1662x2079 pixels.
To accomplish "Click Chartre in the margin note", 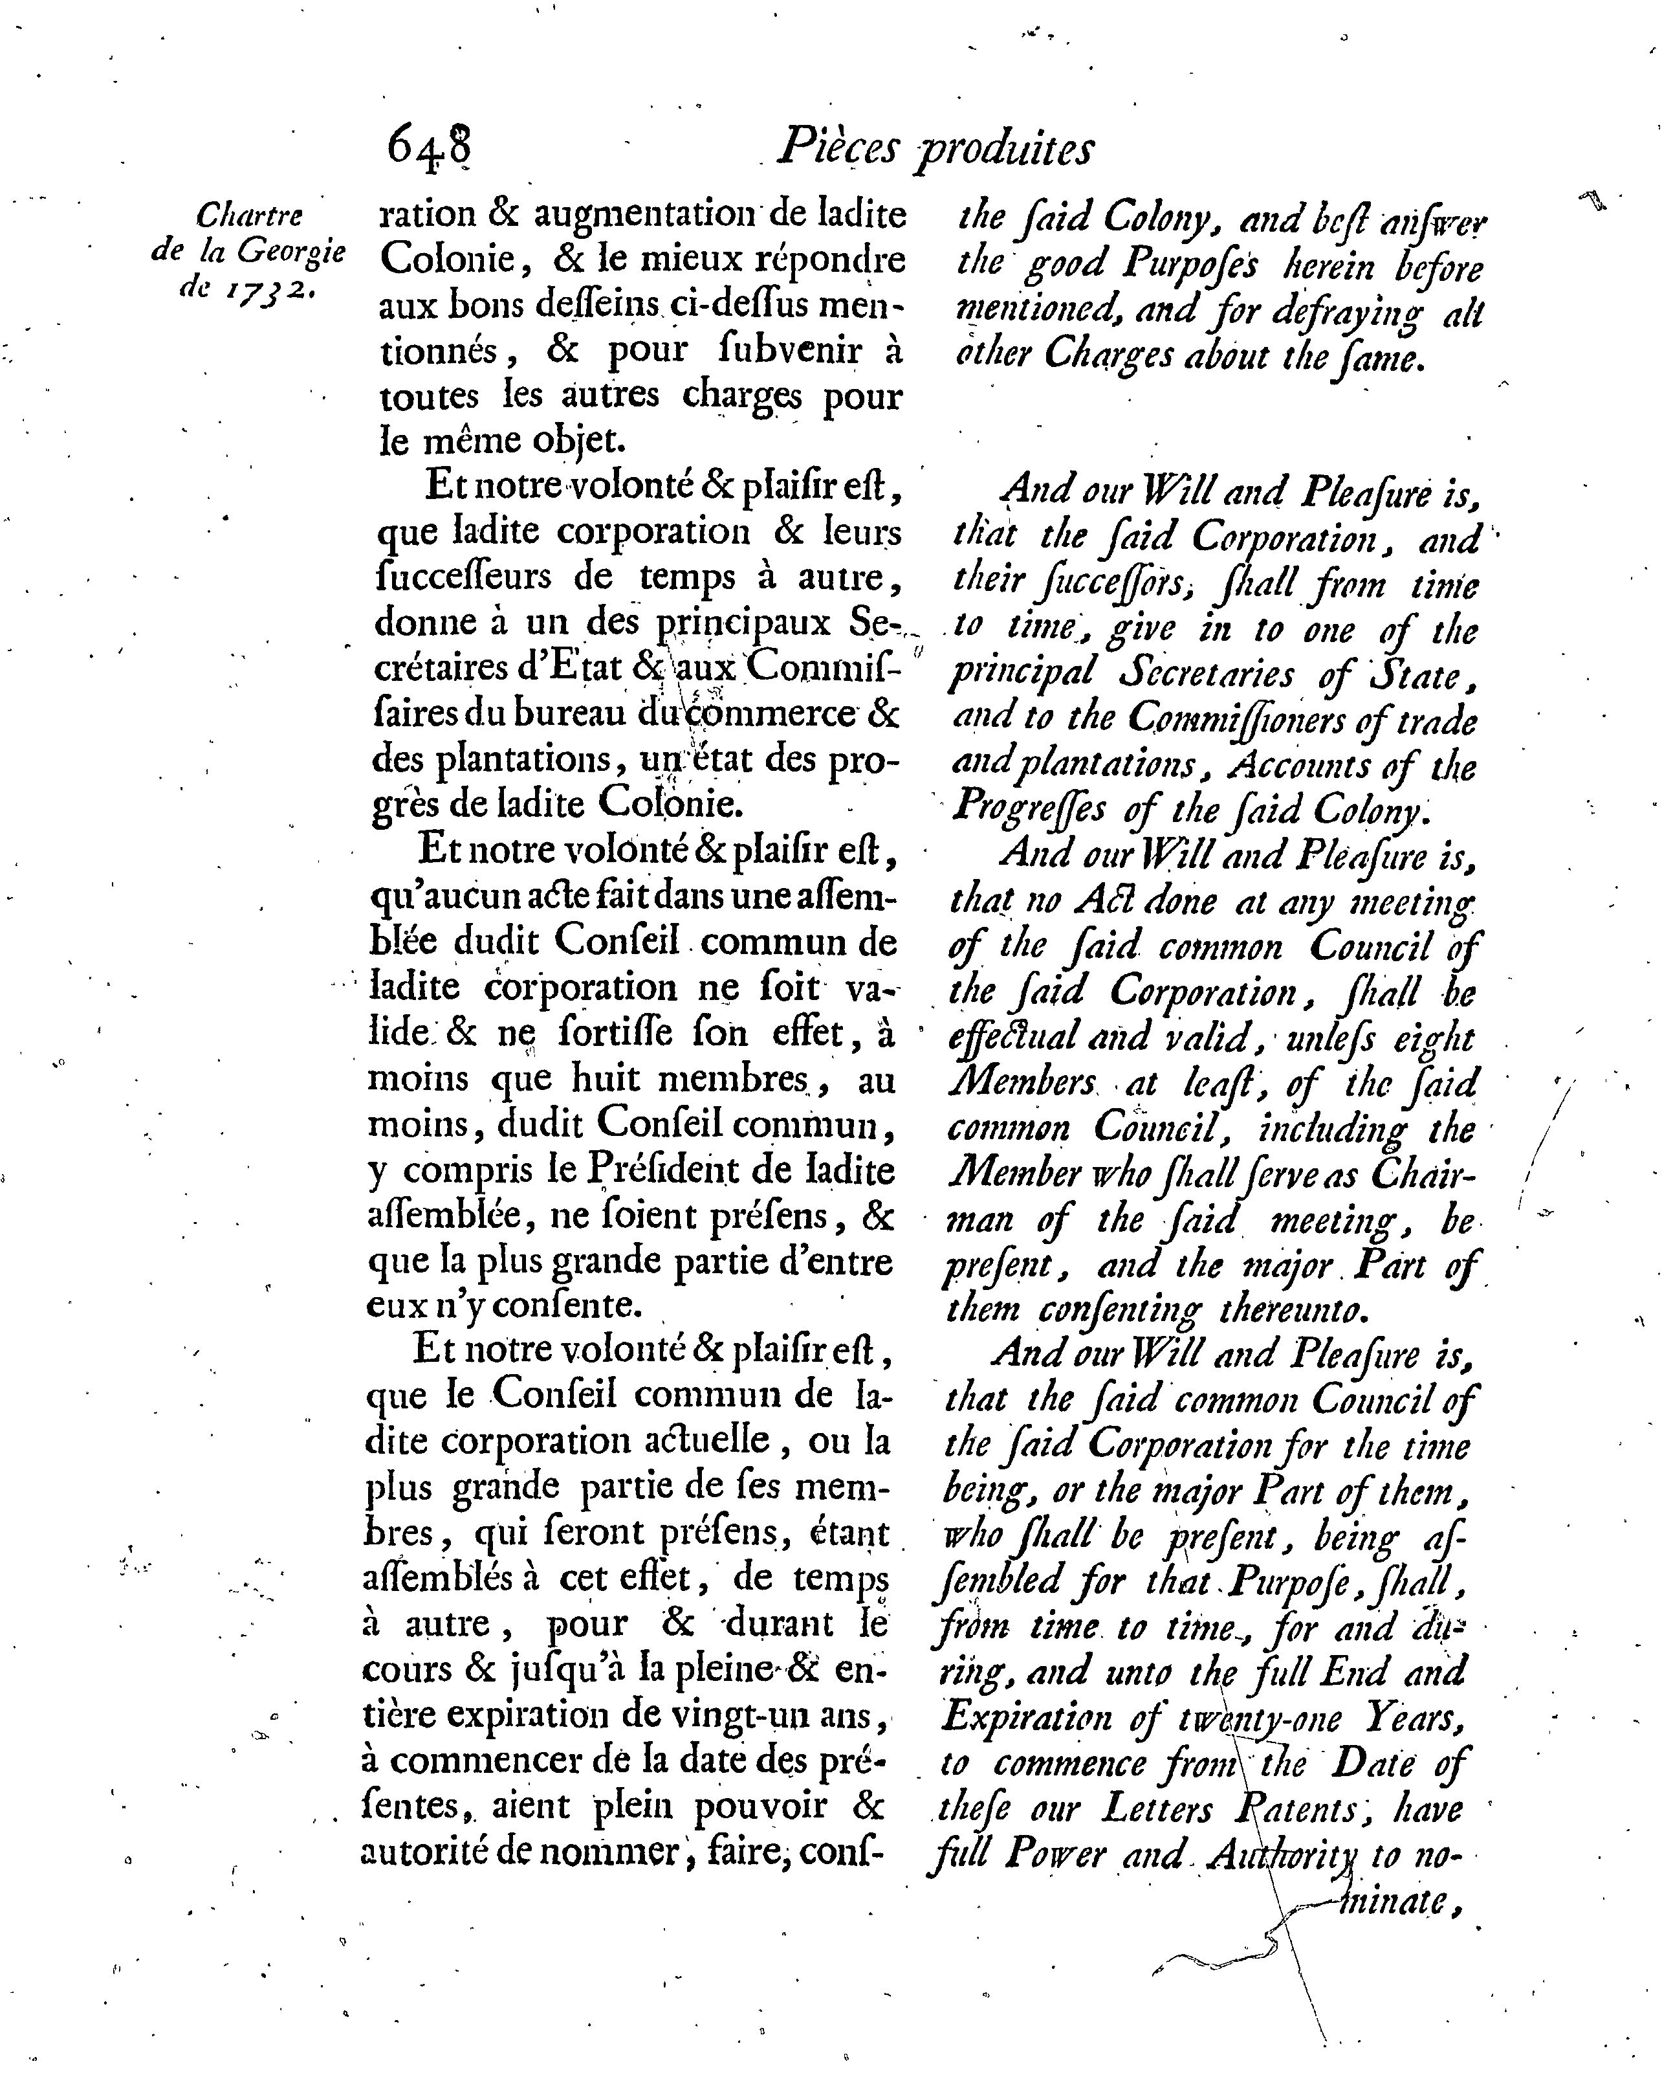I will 248,215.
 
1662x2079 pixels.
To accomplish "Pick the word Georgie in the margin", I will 291,252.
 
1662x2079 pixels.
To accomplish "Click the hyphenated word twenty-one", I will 1260,1718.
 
